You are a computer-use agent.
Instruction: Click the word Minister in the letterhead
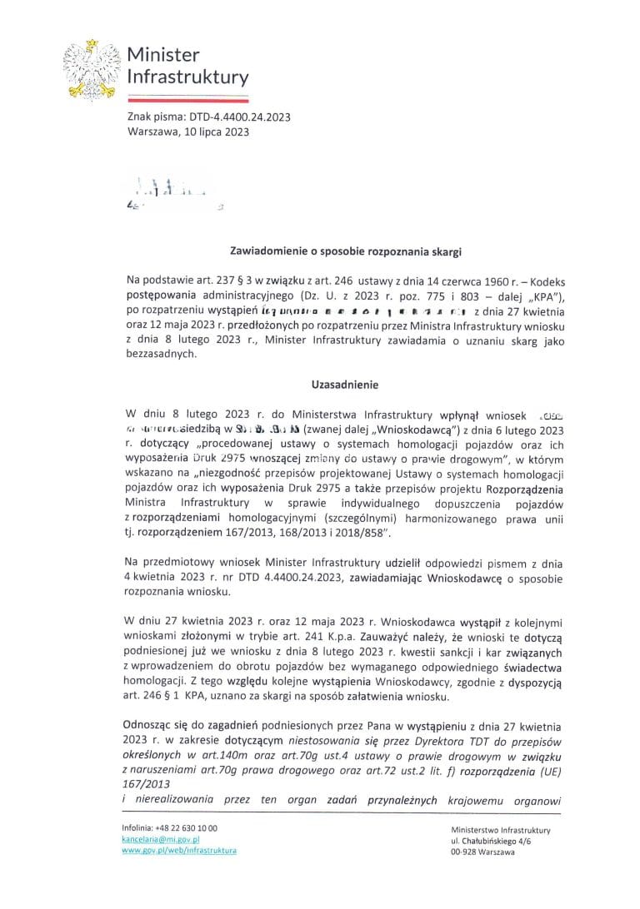(x=163, y=56)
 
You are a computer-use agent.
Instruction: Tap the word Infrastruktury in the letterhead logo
(x=187, y=78)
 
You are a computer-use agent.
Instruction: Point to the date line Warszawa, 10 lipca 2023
(x=188, y=132)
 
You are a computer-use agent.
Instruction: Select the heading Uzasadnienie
(x=333, y=385)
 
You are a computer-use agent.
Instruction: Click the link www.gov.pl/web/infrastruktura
(x=179, y=851)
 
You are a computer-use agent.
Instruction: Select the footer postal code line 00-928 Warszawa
(x=482, y=852)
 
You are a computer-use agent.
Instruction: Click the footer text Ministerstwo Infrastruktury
(x=500, y=830)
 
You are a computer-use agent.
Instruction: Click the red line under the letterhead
(x=187, y=97)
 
